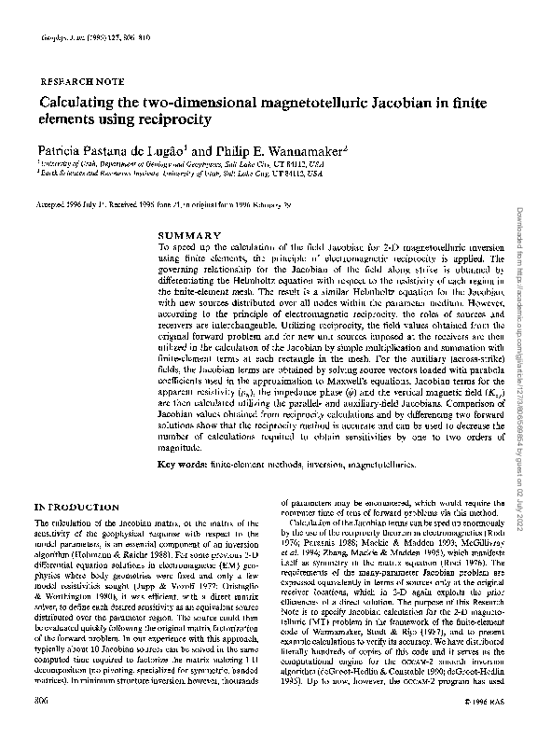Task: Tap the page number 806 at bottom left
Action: tap(42, 725)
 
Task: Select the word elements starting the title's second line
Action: tap(66, 120)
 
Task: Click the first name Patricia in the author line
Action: tap(62, 149)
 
